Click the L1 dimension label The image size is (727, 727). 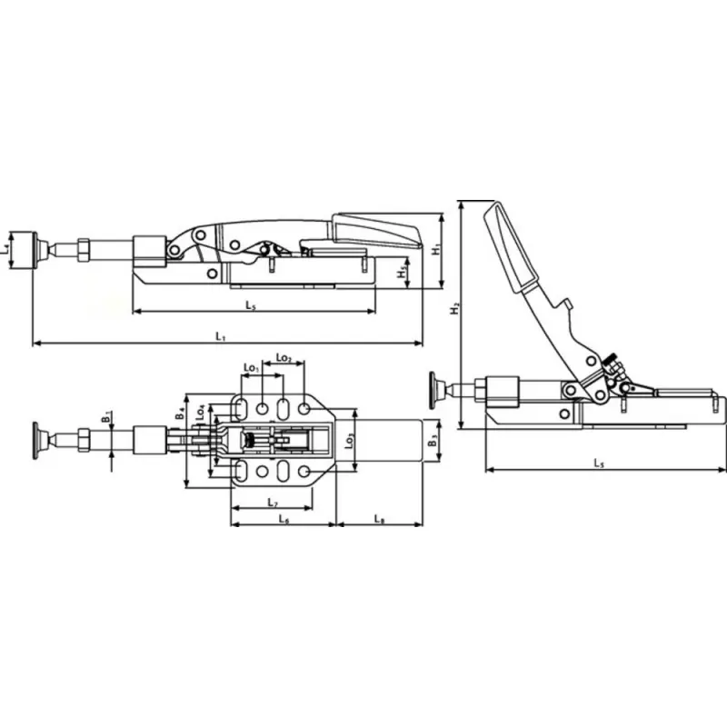coord(221,336)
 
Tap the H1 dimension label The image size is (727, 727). coord(437,247)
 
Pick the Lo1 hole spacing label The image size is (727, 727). coord(252,368)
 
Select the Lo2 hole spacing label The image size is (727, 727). coord(284,358)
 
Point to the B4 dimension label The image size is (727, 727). coord(181,412)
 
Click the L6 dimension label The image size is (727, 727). coord(283,519)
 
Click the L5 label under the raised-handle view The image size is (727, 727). coord(599,463)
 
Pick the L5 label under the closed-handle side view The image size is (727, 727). coord(250,306)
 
